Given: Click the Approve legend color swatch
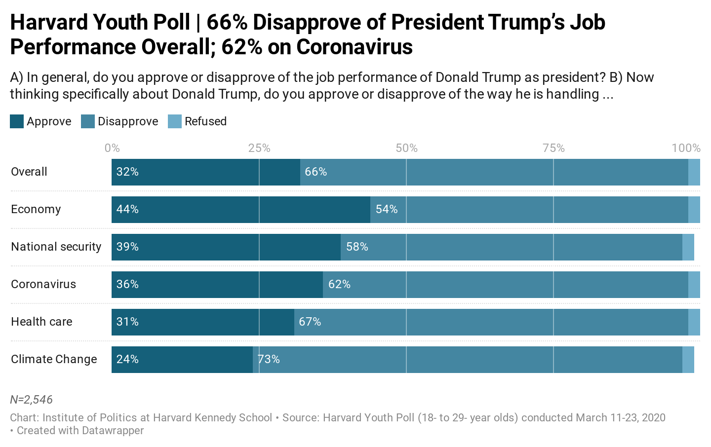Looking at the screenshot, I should pyautogui.click(x=17, y=121).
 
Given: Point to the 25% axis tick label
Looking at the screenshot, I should pyautogui.click(x=259, y=148).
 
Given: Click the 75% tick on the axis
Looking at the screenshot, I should pyautogui.click(x=553, y=148).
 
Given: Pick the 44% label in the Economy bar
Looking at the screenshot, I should pyautogui.click(x=127, y=209).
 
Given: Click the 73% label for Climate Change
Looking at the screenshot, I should pyautogui.click(x=269, y=359).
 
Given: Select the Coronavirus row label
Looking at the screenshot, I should pyautogui.click(x=43, y=284).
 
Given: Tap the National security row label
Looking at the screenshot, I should pyautogui.click(x=56, y=247).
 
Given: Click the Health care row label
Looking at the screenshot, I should pyautogui.click(x=41, y=322).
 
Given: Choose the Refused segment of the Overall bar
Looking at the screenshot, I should pyautogui.click(x=694, y=172).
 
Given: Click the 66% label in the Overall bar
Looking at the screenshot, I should pyautogui.click(x=316, y=172).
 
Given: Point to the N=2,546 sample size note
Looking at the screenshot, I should pyautogui.click(x=31, y=400).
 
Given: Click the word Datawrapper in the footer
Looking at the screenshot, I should pyautogui.click(x=112, y=430).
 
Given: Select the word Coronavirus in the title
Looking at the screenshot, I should pyautogui.click(x=355, y=47).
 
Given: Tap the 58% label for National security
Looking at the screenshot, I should pyautogui.click(x=357, y=247).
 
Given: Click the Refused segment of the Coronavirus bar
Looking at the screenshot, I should pyautogui.click(x=694, y=285).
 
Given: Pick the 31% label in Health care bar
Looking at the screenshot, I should pyautogui.click(x=127, y=322).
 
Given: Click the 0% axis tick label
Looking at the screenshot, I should pyautogui.click(x=112, y=148).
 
